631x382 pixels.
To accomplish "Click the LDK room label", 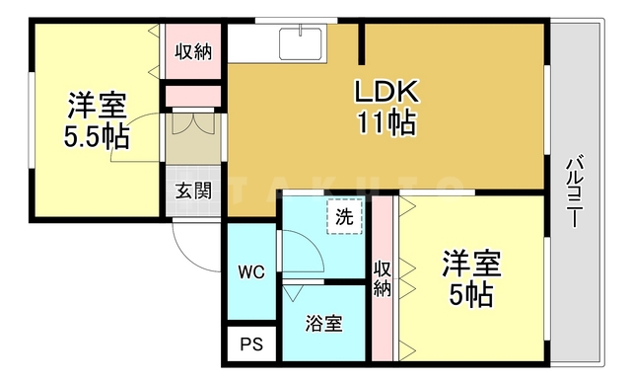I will pyautogui.click(x=388, y=94).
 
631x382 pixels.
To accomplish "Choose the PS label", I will pyautogui.click(x=251, y=345).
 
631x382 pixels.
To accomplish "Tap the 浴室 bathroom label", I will pyautogui.click(x=323, y=324).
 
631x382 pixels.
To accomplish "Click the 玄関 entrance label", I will pyautogui.click(x=193, y=191).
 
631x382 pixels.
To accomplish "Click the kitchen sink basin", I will pyautogui.click(x=300, y=45).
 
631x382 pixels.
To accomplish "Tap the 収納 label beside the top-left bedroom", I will pyautogui.click(x=193, y=51).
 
